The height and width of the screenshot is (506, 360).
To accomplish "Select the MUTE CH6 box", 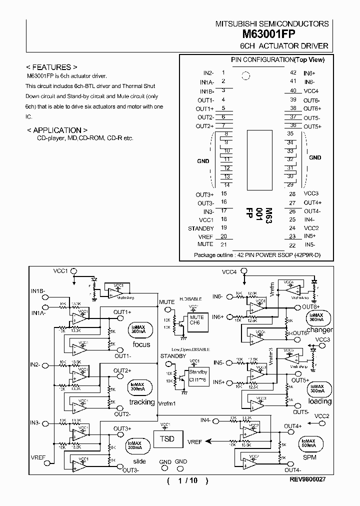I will pos(196,320).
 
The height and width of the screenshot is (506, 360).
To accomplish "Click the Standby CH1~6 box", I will pos(198,375).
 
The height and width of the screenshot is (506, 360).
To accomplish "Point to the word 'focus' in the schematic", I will pos(141,344).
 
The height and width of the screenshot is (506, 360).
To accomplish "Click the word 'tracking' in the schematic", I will pos(142,402).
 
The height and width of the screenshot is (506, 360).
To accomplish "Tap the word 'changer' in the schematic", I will pos(319,330).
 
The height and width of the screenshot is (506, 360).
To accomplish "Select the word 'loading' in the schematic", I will pos(320,401).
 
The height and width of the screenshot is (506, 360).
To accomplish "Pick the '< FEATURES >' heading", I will pos(51,66).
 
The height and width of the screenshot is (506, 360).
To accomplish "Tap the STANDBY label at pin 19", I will pos(200,228).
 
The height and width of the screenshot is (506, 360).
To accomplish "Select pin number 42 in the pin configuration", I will pos(293,72).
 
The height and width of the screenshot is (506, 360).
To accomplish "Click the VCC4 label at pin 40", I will pos(311,91).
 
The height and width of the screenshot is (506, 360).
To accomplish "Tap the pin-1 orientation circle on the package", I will pos(245,76).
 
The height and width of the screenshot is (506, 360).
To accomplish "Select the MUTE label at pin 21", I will pos(205,244).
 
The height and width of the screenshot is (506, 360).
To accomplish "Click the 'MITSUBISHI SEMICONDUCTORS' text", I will pos(272,23).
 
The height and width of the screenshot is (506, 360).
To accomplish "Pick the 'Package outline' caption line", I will pos(257,255).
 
